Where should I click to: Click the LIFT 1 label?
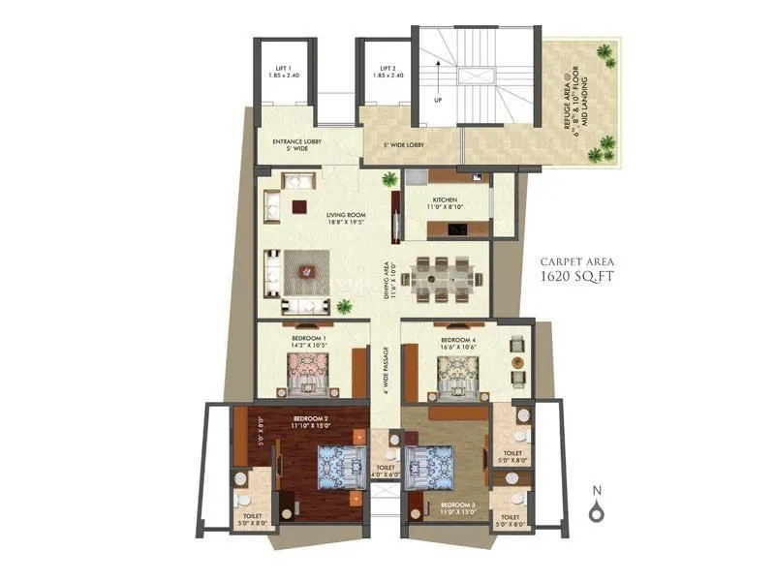281,72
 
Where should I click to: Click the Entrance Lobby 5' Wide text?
296,144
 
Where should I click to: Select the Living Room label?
318,217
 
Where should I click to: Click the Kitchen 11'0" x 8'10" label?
445,202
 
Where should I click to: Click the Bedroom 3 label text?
456,505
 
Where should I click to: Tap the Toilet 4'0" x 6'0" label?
385,471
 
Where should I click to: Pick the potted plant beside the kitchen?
389,179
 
